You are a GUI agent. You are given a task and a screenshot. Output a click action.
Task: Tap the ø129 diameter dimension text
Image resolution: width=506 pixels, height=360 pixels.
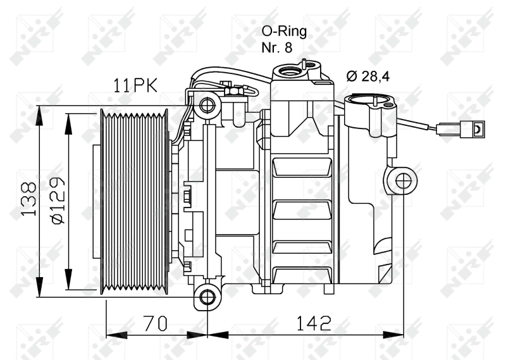[x=56, y=201]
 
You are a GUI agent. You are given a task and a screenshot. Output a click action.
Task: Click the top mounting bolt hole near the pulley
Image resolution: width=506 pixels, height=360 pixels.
[x=206, y=105]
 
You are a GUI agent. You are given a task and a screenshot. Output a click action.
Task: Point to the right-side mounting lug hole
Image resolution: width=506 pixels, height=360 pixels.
[x=402, y=181]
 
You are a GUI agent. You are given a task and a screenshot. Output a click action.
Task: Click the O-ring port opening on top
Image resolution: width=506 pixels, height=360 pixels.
[x=293, y=72]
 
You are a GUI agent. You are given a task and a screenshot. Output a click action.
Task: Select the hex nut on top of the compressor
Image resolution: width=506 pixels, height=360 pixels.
[x=231, y=93]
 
